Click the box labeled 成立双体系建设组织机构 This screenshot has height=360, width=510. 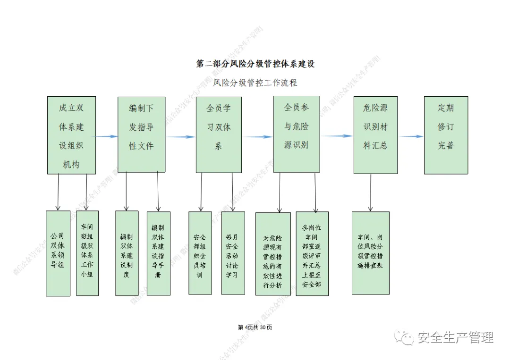pyautogui.click(x=71, y=135)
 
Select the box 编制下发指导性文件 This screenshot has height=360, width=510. pyautogui.click(x=141, y=134)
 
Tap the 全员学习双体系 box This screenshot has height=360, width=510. pyautogui.click(x=219, y=134)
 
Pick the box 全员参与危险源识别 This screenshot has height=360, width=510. pyautogui.click(x=296, y=134)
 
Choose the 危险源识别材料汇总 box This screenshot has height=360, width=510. pyautogui.click(x=375, y=135)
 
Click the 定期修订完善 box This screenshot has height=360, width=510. pyautogui.click(x=445, y=135)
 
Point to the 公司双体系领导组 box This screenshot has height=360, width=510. pyautogui.click(x=58, y=253)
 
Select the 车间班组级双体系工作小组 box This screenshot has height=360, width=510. pyautogui.click(x=87, y=253)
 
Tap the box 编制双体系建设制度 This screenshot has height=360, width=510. pyautogui.click(x=127, y=253)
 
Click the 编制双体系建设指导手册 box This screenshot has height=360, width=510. pyautogui.click(x=158, y=253)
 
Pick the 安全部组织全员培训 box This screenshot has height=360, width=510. pyautogui.click(x=200, y=253)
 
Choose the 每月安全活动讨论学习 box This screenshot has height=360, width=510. pyautogui.click(x=233, y=253)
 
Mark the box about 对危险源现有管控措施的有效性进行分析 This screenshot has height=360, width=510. pyautogui.click(x=273, y=254)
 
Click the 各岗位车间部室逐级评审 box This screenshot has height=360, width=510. pyautogui.click(x=312, y=253)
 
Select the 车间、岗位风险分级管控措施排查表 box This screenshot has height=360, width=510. pyautogui.click(x=370, y=253)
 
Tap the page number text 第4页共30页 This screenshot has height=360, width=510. pyautogui.click(x=255, y=327)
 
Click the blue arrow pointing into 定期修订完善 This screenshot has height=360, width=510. pyautogui.click(x=411, y=137)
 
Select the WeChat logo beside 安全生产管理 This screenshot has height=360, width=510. pyautogui.click(x=406, y=337)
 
